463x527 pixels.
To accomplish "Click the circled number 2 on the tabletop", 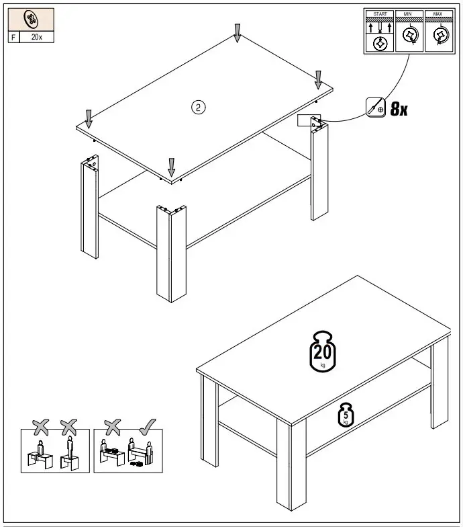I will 198,106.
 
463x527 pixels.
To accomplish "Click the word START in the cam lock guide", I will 380,13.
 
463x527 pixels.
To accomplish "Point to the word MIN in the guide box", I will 409,13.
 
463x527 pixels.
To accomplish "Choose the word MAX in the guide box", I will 438,13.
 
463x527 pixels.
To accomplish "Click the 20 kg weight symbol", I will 323,350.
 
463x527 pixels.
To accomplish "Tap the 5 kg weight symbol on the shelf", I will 346,415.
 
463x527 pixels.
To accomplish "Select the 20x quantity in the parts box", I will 37,37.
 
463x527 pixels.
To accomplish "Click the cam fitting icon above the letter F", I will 31,19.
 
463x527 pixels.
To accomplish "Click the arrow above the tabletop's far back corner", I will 237,31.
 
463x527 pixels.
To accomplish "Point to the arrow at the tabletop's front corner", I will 172,166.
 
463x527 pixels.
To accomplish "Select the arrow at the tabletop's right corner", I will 319,79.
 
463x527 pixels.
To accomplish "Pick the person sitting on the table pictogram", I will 40,449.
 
